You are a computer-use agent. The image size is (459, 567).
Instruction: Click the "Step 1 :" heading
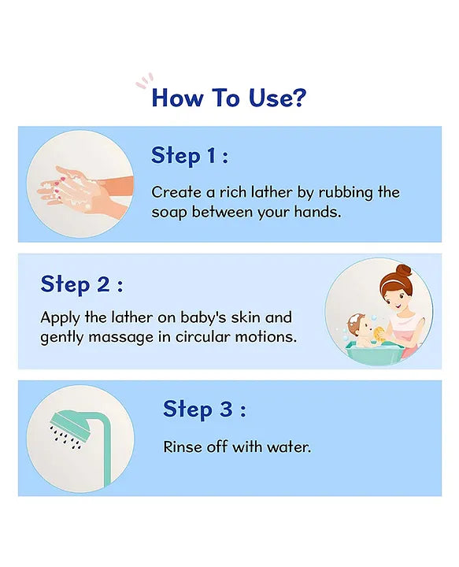pos(190,156)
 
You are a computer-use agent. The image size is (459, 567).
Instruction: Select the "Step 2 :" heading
pos(82,283)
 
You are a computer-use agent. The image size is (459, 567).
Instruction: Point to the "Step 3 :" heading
pos(205,409)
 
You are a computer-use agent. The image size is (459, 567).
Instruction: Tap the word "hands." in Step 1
pos(318,212)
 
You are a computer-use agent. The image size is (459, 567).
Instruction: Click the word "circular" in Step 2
pos(203,337)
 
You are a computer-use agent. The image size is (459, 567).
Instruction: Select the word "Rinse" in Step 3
pos(182,447)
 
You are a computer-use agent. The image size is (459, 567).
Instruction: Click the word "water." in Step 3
pos(289,447)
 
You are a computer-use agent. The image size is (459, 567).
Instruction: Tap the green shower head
pos(69,425)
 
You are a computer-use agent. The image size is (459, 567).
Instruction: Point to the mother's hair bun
pos(403,270)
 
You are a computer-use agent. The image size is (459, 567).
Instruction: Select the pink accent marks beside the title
pos(145,81)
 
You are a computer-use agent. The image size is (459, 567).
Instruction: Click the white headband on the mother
pos(391,277)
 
